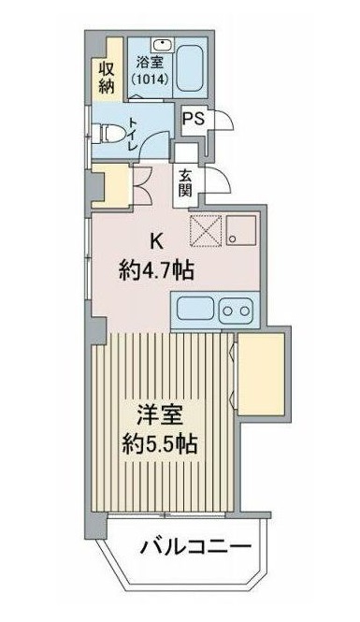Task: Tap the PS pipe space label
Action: (x=194, y=119)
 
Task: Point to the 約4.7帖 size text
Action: (x=156, y=271)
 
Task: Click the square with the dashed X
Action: (x=204, y=227)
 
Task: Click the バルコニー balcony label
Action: (x=196, y=546)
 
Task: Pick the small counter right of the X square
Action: (x=243, y=227)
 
